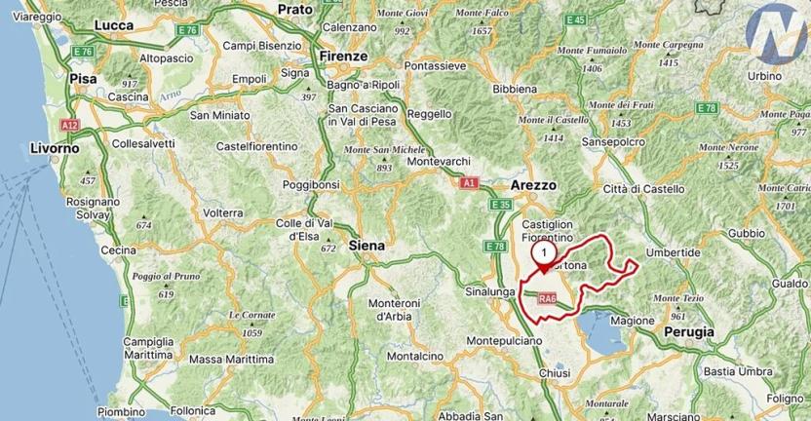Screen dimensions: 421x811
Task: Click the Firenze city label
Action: click(342, 57)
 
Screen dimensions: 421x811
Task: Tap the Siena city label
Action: click(367, 247)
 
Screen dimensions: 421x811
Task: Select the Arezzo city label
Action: click(533, 184)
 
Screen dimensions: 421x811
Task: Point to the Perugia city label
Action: click(690, 331)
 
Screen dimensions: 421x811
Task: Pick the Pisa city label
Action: click(81, 79)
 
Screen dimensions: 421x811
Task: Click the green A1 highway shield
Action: click(469, 182)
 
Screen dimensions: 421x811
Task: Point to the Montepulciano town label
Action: click(503, 341)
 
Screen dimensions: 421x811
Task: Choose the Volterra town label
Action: click(223, 212)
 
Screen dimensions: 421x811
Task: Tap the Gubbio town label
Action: click(747, 233)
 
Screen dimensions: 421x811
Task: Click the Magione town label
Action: click(632, 320)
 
